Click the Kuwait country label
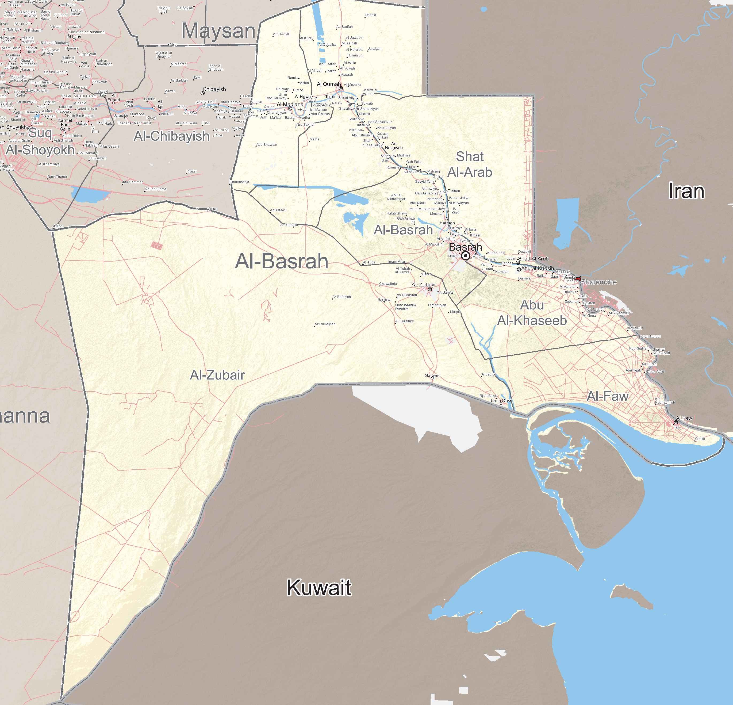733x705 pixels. click(319, 588)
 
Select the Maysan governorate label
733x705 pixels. click(218, 31)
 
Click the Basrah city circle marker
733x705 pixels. click(465, 256)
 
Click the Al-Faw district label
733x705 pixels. click(607, 396)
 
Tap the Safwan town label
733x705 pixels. click(432, 375)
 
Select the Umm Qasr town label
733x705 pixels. click(501, 401)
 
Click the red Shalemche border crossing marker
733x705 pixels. click(578, 279)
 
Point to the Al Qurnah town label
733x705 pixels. click(329, 84)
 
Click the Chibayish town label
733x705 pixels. click(214, 89)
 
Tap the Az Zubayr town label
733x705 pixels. click(423, 285)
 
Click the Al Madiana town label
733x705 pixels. click(290, 104)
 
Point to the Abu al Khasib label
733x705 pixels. click(538, 269)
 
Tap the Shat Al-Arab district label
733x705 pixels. click(470, 164)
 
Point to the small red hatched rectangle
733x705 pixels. click(157, 245)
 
